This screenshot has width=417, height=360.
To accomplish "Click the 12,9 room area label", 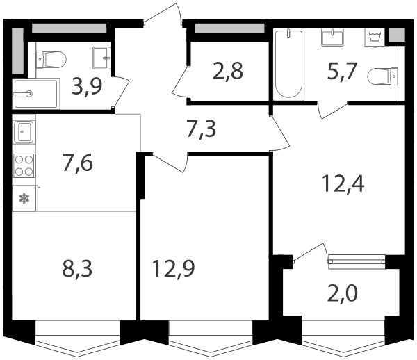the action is point(174,269).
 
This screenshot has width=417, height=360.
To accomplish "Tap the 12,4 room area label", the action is point(343,183).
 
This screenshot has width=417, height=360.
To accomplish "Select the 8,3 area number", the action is point(77,269).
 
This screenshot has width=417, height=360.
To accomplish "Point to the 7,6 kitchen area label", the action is point(78,163).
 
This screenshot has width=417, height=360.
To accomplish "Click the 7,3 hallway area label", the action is point(201,129).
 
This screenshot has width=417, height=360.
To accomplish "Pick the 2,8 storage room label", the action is point(228,72).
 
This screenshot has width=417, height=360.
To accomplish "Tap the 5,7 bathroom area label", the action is point(341,72).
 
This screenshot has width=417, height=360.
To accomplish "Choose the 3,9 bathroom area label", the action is point(87,87).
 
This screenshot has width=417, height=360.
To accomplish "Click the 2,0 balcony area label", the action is point(342,293).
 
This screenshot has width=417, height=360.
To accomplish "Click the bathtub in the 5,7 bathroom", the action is point(289,64).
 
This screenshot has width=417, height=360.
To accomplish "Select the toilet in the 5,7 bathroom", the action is point(382,77).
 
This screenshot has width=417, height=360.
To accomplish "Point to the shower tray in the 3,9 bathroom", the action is point(36,94).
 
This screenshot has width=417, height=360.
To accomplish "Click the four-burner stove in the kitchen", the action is point(24,165).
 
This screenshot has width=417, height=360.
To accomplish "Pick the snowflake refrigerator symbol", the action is point(24,198).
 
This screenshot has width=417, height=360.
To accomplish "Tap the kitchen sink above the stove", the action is point(24,132).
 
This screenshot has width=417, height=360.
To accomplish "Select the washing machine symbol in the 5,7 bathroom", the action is point(374,38).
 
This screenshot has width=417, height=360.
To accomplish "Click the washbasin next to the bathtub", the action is point(333,38).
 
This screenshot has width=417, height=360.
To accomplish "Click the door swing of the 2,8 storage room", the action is point(180,81).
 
